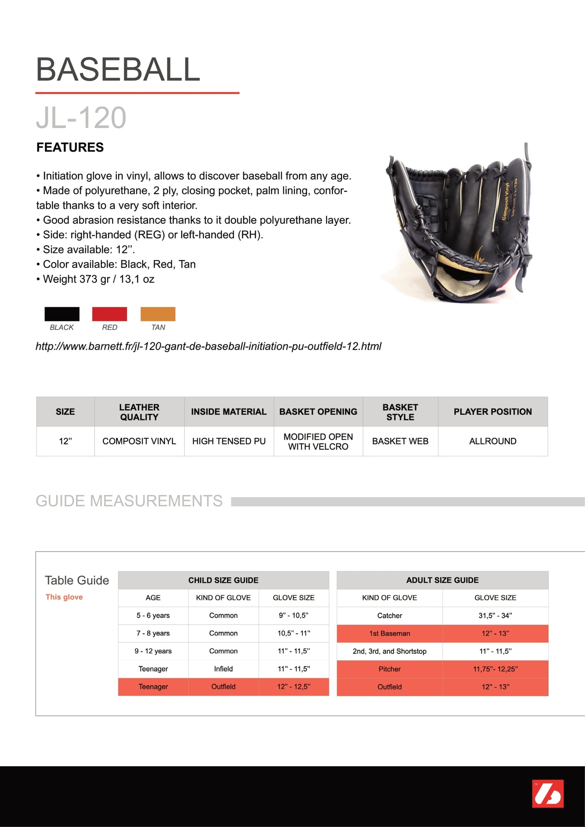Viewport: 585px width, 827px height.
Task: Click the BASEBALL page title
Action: coord(118,70)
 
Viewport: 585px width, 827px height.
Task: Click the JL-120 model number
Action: coord(81,118)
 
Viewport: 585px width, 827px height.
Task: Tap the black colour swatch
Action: coord(62,314)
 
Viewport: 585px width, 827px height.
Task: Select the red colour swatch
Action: coord(109,314)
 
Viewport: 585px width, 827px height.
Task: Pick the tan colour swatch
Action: coord(158,314)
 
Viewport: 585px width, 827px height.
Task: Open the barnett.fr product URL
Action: coord(208,347)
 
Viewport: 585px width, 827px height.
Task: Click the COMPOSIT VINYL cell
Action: coord(139,441)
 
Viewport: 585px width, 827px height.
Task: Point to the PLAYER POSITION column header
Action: coord(492,412)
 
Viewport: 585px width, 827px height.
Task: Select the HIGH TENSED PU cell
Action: coord(229,441)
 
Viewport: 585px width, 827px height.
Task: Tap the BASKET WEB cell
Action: coord(400,441)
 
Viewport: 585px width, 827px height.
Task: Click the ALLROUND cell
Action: coord(492,441)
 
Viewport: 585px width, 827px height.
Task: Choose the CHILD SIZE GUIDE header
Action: coord(223,580)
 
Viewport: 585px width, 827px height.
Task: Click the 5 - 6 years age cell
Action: coord(153,615)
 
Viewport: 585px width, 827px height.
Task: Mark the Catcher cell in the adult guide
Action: coord(389,616)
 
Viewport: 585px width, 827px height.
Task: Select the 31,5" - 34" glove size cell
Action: coord(495,616)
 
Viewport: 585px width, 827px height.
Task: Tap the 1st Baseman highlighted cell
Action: coord(389,634)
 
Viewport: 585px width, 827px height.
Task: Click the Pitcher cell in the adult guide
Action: coord(389,669)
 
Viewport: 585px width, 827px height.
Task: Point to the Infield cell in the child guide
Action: coord(223,669)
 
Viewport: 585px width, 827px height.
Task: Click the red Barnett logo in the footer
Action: coord(547,793)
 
